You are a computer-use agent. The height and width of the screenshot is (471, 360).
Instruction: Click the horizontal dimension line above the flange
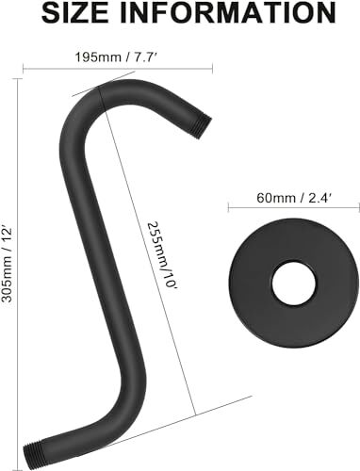[x=287, y=212]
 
